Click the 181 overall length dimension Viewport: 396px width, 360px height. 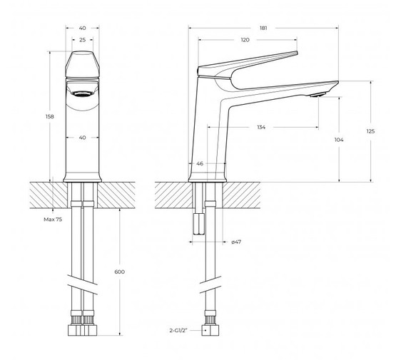click(x=263, y=28)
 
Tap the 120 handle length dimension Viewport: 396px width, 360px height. click(x=245, y=40)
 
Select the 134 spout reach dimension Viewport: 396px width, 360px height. click(x=261, y=127)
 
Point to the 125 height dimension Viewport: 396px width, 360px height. click(x=370, y=131)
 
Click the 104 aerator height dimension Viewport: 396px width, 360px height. click(x=339, y=140)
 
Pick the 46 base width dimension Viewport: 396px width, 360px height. click(x=200, y=163)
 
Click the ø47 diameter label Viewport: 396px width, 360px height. click(x=236, y=242)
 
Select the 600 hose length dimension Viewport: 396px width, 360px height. click(x=119, y=272)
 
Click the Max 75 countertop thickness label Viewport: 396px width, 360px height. click(x=53, y=220)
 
